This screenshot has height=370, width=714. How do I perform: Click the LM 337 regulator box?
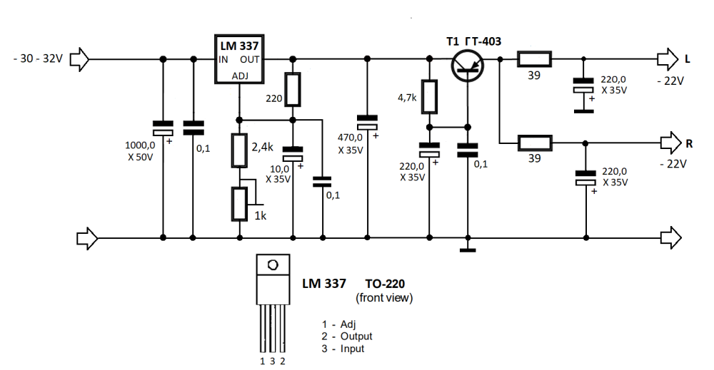pos(239,59)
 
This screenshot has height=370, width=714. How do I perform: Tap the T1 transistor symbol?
pos(468,65)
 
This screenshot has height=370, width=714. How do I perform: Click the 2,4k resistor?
pos(240,150)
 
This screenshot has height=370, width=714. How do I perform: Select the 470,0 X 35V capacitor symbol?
pos(367,123)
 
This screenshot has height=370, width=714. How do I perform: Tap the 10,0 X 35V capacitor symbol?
pos(293,155)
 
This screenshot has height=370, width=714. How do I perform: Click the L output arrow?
pos(669,58)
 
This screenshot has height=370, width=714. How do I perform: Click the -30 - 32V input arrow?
pos(81,58)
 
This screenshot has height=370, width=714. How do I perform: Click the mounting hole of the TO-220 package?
pos(272,265)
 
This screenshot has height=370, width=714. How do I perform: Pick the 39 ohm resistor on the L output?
pos(534,58)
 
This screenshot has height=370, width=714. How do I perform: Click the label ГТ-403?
pos(483,41)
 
